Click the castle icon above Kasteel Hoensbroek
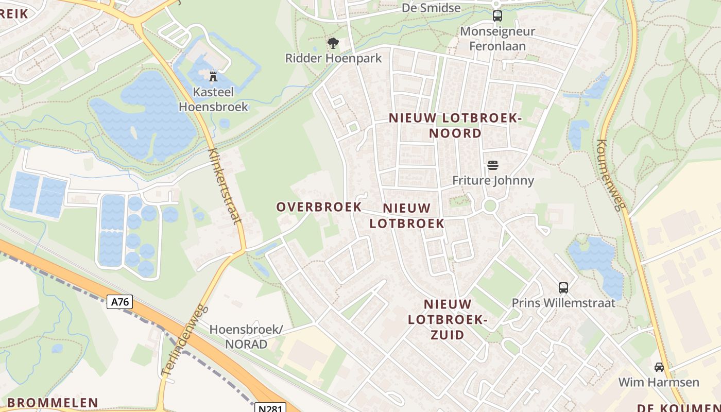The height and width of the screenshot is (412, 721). pos(213,77)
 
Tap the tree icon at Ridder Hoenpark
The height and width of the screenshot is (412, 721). pos(333,43)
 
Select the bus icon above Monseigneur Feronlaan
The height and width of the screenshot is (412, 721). pos(497,16)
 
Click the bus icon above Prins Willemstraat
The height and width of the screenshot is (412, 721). pos(563,288)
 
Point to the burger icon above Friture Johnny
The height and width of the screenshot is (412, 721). pos(493,165)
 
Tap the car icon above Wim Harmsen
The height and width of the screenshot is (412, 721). pos(659,367)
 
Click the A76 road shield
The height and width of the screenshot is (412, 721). pos(120,302)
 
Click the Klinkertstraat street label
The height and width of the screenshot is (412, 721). pos(225,186)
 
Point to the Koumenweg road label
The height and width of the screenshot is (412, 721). pos(611,175)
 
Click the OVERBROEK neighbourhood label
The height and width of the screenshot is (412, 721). pos(319,207)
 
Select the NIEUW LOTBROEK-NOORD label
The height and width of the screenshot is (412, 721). pos(455,126)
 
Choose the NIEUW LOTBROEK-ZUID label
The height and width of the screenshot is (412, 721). pos(448,319)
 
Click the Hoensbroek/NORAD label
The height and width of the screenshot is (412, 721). pos(246,336)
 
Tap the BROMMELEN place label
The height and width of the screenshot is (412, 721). pos(53,403)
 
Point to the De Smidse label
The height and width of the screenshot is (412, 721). pos(431,8)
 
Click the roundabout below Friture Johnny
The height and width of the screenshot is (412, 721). pos(490,206)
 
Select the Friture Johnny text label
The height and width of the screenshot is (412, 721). pos(493,180)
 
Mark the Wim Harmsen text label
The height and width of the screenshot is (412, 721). pos(659,382)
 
